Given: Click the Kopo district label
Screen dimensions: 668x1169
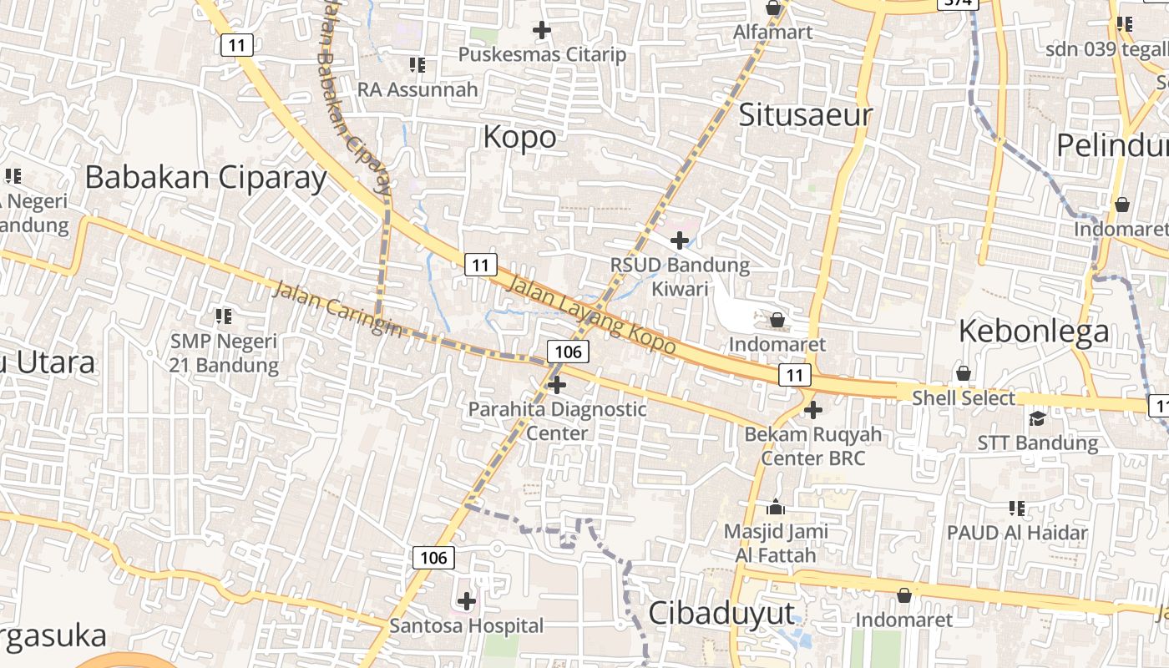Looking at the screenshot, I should pyautogui.click(x=519, y=137).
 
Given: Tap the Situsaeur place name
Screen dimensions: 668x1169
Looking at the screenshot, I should pyautogui.click(x=805, y=115).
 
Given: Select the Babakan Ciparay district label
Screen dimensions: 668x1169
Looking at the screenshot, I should pyautogui.click(x=205, y=178).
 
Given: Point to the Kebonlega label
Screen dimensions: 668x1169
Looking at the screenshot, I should pyautogui.click(x=1034, y=331).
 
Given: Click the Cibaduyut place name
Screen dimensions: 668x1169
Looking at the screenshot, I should pyautogui.click(x=721, y=613).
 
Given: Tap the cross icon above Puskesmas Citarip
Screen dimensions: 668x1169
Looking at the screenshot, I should pyautogui.click(x=542, y=31).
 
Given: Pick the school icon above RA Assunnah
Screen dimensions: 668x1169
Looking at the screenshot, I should pyautogui.click(x=417, y=65).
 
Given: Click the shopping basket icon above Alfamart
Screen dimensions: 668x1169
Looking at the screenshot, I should pyautogui.click(x=774, y=8).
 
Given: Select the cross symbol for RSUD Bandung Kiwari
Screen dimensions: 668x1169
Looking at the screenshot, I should pyautogui.click(x=680, y=241).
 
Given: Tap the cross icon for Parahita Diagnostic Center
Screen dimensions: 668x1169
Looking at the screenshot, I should pyautogui.click(x=557, y=385).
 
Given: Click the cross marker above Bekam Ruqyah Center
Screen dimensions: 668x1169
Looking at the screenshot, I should pyautogui.click(x=813, y=410).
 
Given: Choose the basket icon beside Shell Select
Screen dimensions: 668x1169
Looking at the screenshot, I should pyautogui.click(x=964, y=373).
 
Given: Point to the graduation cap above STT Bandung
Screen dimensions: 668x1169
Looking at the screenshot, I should pyautogui.click(x=1037, y=418).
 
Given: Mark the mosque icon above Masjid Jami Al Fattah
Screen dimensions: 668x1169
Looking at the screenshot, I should pyautogui.click(x=776, y=507).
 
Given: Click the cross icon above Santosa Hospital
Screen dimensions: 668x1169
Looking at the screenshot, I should pyautogui.click(x=467, y=601).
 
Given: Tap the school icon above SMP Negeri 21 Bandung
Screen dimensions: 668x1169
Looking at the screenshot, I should pyautogui.click(x=223, y=316).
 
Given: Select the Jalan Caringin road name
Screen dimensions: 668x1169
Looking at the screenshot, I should pyautogui.click(x=337, y=310).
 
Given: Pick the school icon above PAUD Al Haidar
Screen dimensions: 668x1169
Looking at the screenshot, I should pyautogui.click(x=1017, y=508).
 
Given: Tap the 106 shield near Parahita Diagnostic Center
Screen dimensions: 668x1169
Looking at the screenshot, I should pyautogui.click(x=568, y=352).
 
